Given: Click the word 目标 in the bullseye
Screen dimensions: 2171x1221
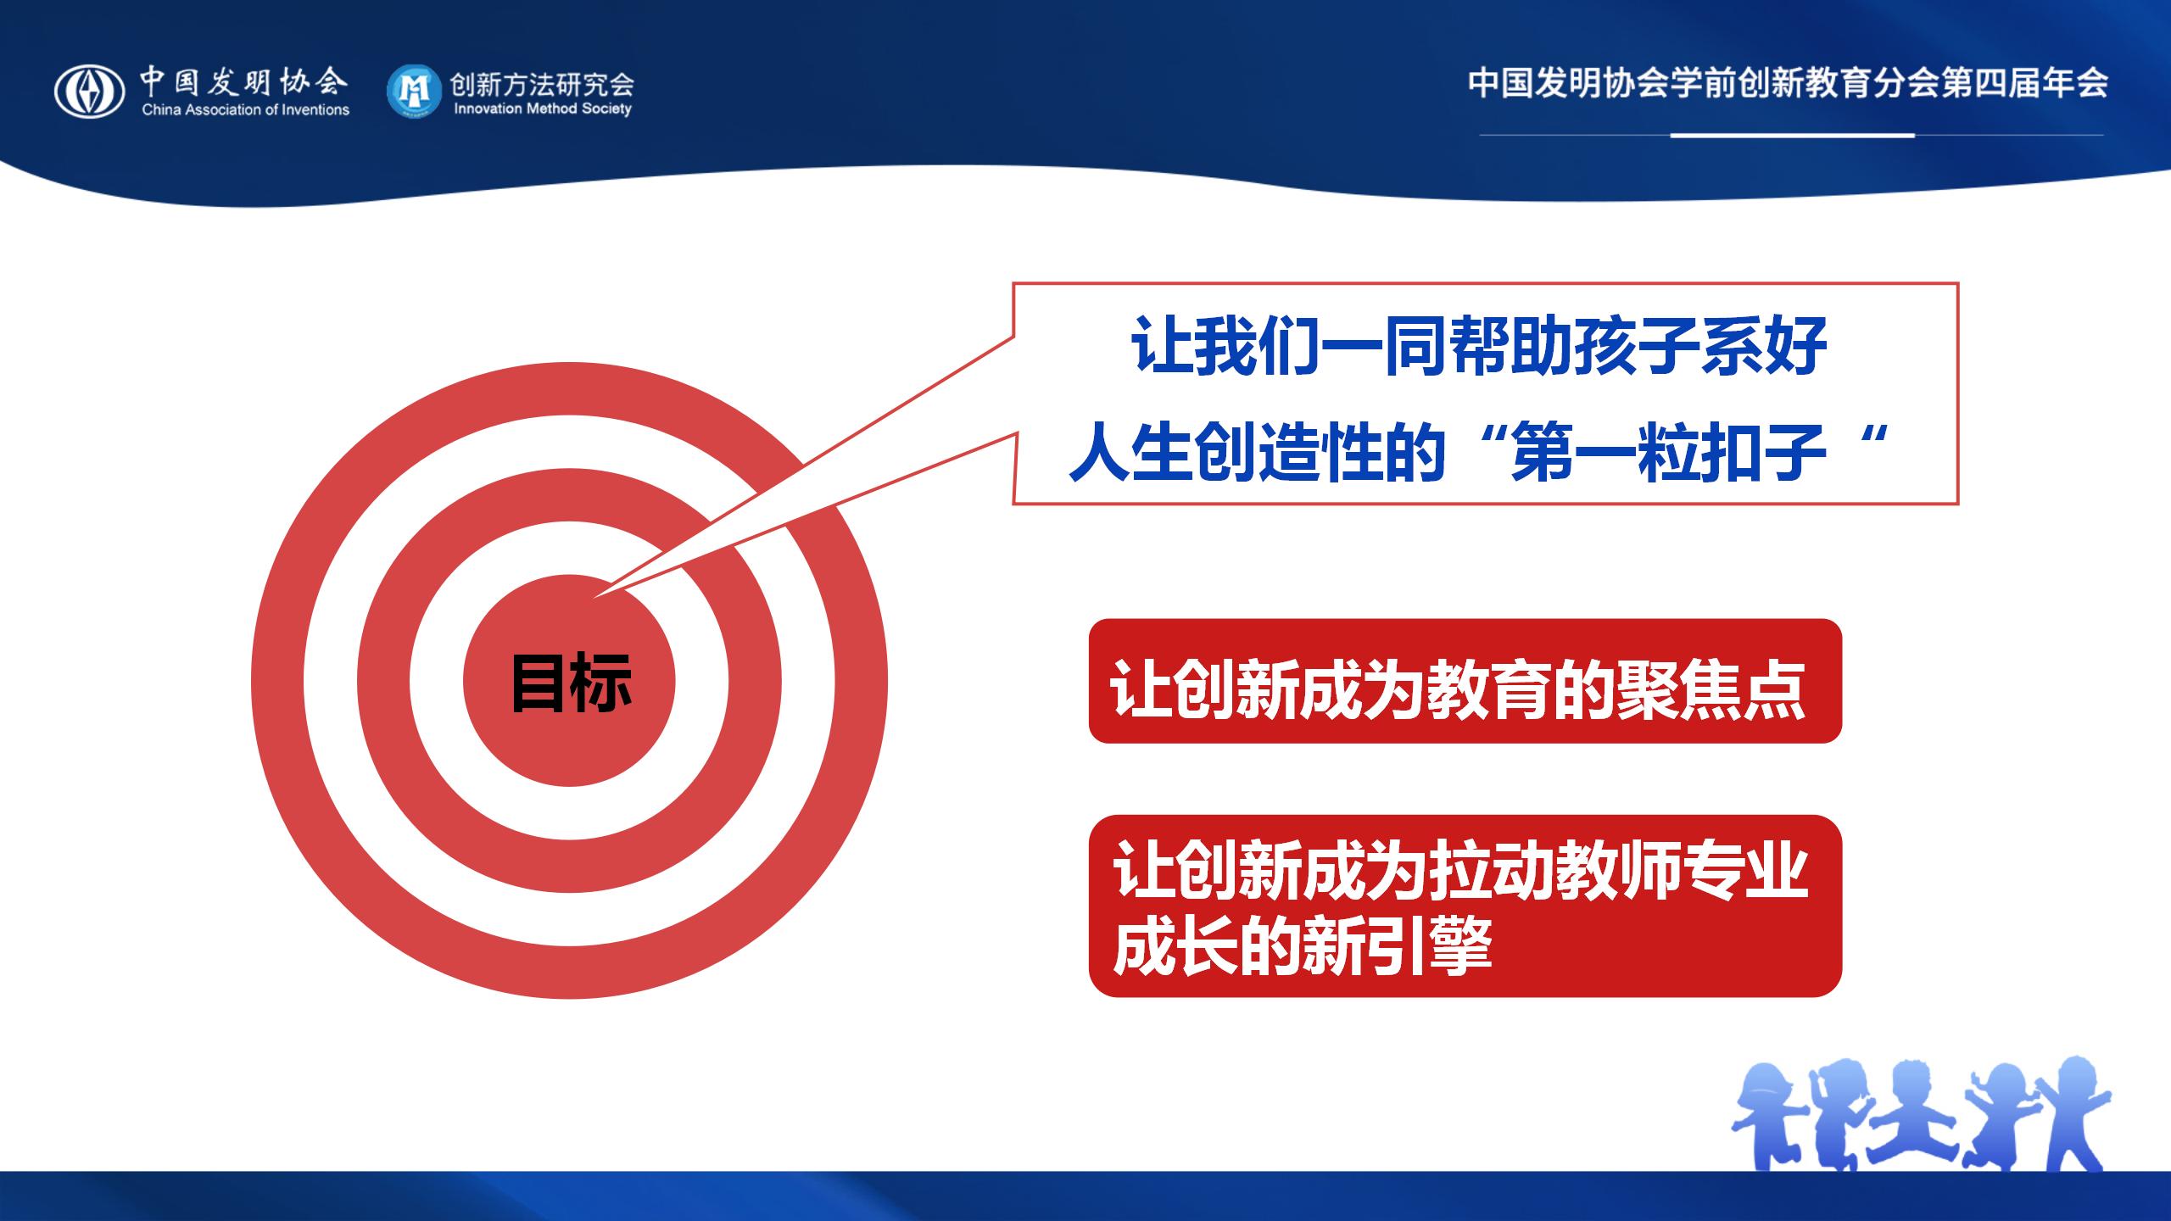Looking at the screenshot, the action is tap(572, 683).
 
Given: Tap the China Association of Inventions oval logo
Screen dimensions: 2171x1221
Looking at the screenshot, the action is tap(90, 92).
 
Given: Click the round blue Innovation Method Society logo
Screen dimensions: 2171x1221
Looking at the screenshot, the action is tap(414, 92).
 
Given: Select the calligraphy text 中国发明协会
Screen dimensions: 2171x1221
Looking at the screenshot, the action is tap(244, 81).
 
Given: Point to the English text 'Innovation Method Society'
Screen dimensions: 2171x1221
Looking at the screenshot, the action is tap(543, 109).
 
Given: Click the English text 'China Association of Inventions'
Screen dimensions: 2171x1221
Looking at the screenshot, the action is tap(246, 109).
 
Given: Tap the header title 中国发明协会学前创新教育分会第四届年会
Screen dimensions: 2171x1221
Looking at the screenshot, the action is tap(1789, 83).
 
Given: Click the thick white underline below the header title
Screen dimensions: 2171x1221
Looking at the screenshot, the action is tap(1793, 135).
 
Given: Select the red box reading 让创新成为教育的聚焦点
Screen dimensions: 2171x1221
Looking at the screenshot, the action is tap(1465, 681).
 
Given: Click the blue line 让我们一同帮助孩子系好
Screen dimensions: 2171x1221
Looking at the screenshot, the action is tap(1478, 345).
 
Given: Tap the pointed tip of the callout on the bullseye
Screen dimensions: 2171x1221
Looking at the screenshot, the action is tap(594, 597).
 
